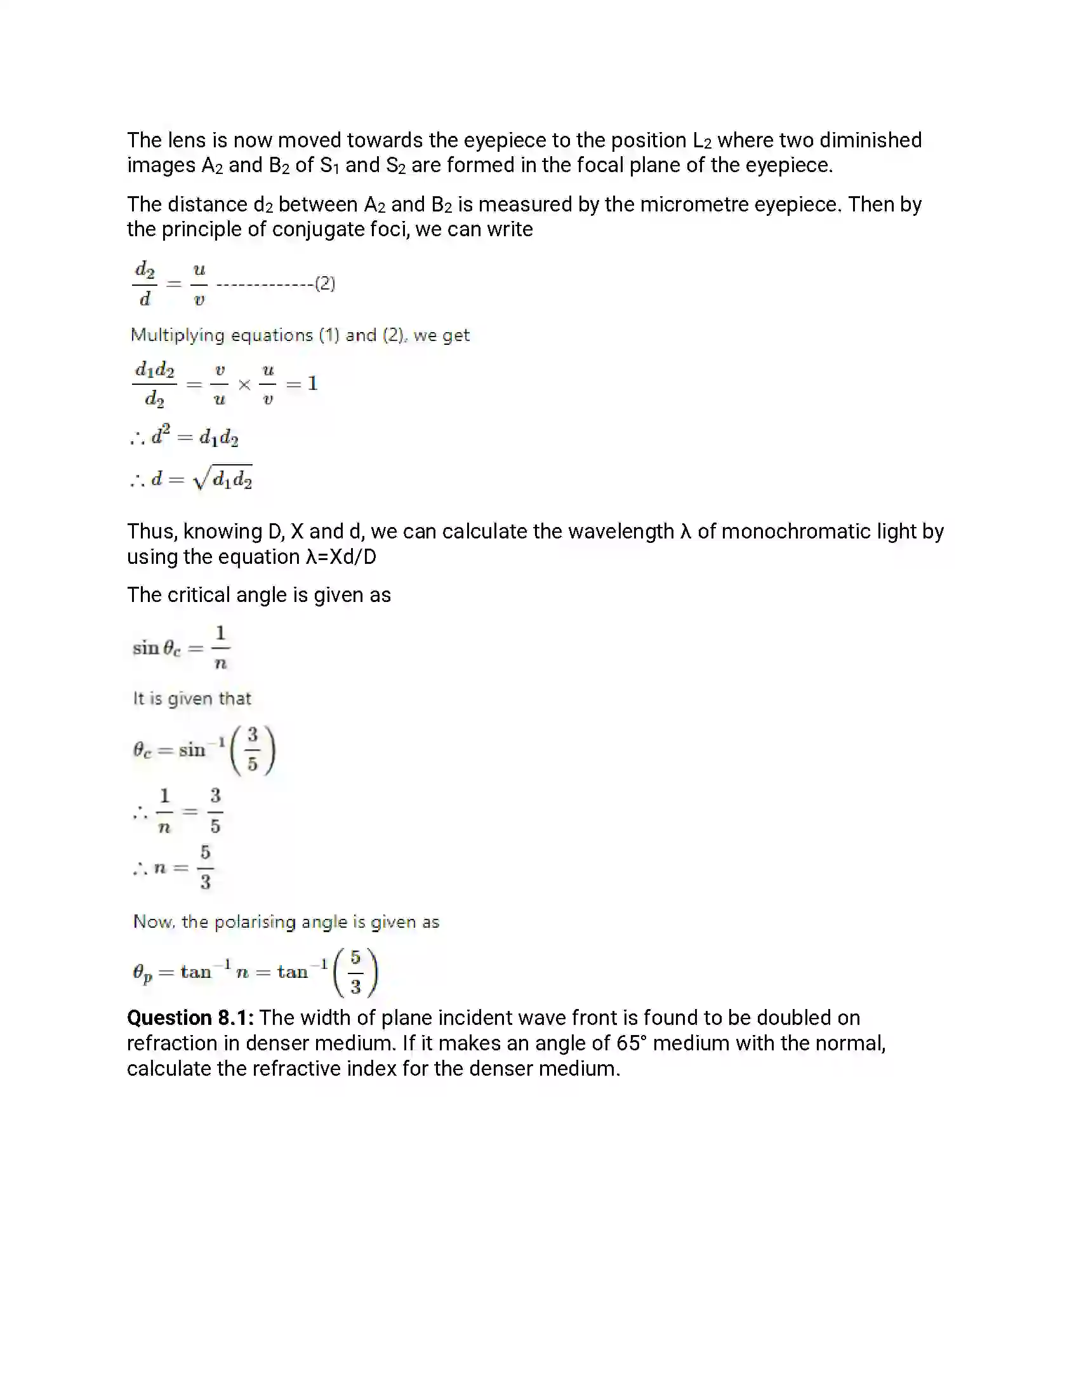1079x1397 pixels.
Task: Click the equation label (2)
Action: coord(326,283)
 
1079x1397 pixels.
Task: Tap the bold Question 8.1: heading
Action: coord(190,1018)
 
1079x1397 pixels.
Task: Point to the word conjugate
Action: coord(319,230)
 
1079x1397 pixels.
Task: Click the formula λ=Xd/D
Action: coord(341,557)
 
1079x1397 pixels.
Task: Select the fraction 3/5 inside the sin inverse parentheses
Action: coord(253,750)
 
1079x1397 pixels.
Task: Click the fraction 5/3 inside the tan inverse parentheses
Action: coord(355,972)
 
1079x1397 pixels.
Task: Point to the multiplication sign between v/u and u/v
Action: coord(244,384)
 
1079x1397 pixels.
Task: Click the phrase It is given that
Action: coord(192,698)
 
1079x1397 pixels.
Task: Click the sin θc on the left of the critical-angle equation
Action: coord(157,648)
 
